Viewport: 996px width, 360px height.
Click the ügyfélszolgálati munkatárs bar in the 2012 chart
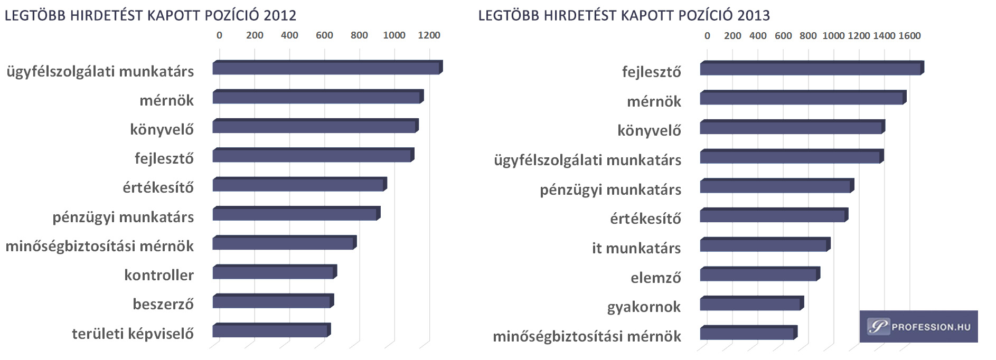pyautogui.click(x=326, y=68)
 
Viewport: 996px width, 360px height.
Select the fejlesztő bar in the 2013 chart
pyautogui.click(x=811, y=69)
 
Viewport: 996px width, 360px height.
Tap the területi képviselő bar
pyautogui.click(x=270, y=331)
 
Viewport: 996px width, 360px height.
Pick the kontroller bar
pyautogui.click(x=274, y=272)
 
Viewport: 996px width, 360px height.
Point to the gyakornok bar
pyautogui.click(x=750, y=304)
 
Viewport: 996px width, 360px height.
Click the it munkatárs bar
pyautogui.click(x=764, y=245)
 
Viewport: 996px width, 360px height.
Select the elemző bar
pyautogui.click(x=759, y=274)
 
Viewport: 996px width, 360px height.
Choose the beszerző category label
pyautogui.click(x=163, y=305)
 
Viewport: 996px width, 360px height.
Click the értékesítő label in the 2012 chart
pyautogui.click(x=158, y=188)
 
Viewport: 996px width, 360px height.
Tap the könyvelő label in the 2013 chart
pyautogui.click(x=649, y=131)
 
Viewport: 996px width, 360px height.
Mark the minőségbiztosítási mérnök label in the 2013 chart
pyautogui.click(x=587, y=337)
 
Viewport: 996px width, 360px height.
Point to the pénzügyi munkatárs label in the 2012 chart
pyautogui.click(x=123, y=217)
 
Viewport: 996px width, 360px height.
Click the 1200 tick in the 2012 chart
pyautogui.click(x=429, y=35)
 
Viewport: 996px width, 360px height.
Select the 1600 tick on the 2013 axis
pyautogui.click(x=909, y=36)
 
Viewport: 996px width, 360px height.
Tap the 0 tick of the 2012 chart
pyautogui.click(x=219, y=35)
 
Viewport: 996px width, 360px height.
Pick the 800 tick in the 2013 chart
pyautogui.click(x=808, y=36)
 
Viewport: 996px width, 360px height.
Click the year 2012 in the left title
pyautogui.click(x=280, y=15)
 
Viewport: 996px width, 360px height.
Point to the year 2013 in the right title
pyautogui.click(x=754, y=15)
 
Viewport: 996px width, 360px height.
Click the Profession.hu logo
pyautogui.click(x=918, y=327)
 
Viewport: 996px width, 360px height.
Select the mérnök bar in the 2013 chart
pyautogui.click(x=802, y=98)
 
